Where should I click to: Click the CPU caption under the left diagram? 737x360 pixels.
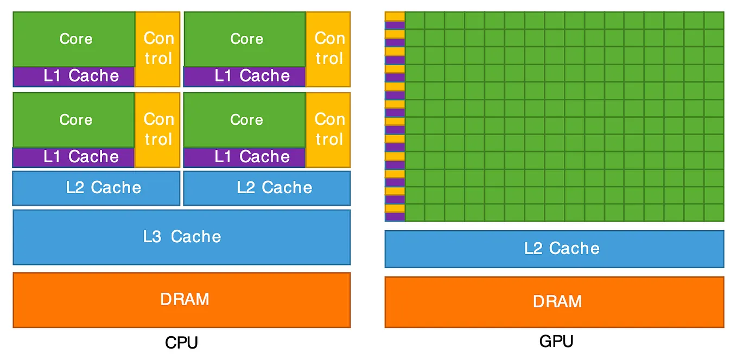pos(181,343)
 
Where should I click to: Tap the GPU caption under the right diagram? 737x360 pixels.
pos(556,342)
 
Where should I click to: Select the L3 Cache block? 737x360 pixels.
pos(181,237)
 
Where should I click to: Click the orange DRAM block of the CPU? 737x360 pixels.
pos(181,300)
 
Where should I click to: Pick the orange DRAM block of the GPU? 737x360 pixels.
pos(554,302)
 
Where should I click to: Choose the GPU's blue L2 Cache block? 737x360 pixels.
pos(554,249)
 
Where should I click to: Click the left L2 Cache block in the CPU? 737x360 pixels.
pos(96,188)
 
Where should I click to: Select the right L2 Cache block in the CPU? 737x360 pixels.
pos(267,188)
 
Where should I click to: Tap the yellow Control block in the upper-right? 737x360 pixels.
pos(328,49)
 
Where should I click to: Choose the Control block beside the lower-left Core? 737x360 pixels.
pos(157,129)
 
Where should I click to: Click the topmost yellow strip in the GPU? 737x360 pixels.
pos(395,16)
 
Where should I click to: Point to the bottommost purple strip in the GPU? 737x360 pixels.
pos(395,217)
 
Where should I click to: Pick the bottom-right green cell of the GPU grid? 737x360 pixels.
pos(714,212)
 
